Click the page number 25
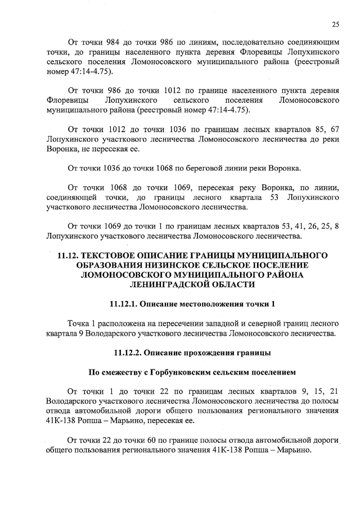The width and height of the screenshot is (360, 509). (335, 24)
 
